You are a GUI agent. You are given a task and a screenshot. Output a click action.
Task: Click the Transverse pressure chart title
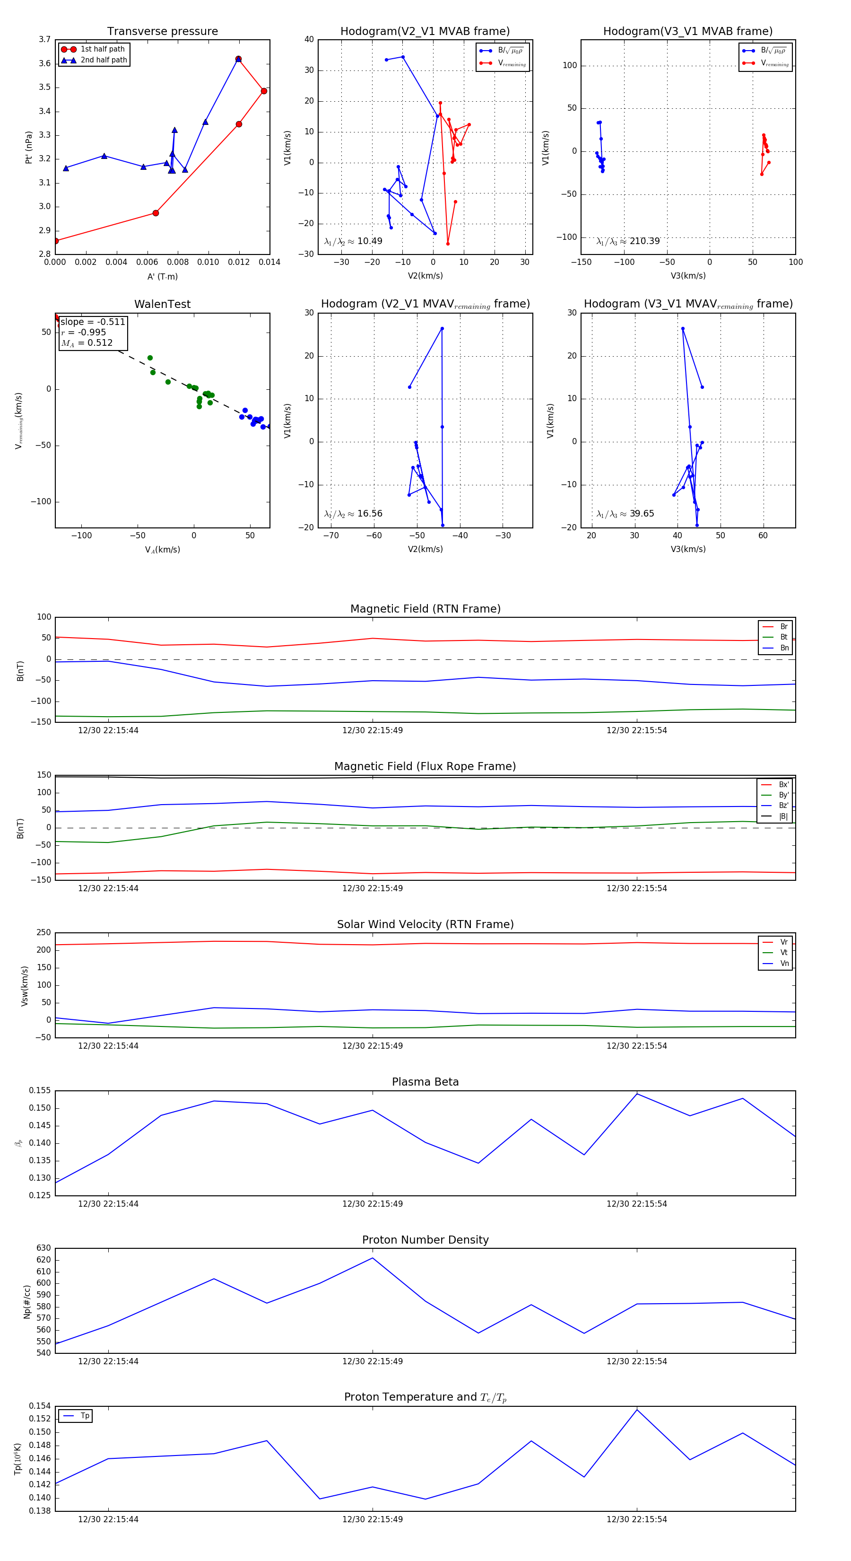point(162,32)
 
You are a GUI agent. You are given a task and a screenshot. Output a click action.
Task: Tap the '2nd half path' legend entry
point(104,60)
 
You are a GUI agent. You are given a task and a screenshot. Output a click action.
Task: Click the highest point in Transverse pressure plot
point(239,59)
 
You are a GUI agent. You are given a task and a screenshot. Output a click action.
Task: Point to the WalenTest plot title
point(162,304)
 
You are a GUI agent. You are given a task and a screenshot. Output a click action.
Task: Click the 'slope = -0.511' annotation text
point(93,322)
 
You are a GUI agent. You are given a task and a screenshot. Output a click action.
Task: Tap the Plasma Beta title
point(425,1082)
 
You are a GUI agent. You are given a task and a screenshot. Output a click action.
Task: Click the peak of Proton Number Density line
point(373,1258)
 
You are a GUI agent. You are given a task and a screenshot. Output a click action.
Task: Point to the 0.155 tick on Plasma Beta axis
point(40,1091)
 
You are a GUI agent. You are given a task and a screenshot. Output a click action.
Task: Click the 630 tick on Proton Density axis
point(43,1248)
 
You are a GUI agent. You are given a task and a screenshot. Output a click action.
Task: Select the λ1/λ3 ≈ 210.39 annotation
point(628,241)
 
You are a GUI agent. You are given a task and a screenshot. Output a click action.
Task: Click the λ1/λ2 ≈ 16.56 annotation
point(353,514)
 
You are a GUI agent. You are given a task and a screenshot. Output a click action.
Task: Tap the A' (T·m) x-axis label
point(162,277)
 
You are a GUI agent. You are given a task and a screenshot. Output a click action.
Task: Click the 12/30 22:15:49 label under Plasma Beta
point(373,1204)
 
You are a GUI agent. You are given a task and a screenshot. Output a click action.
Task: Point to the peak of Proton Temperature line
point(636,1410)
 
